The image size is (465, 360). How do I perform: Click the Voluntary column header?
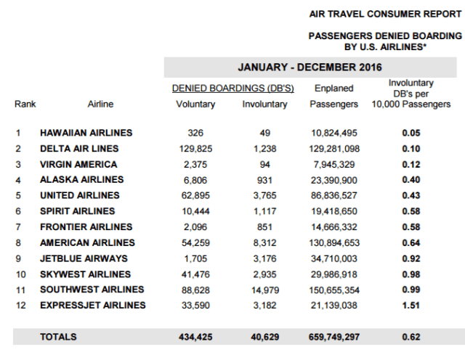pos(195,104)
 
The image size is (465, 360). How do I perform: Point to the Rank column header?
pos(25,104)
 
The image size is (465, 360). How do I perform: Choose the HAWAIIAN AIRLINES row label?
pos(86,133)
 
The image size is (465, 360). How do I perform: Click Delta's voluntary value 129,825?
pos(195,148)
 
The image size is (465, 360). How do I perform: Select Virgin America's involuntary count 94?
pos(263,164)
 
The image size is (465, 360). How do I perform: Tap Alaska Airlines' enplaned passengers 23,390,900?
pos(334,179)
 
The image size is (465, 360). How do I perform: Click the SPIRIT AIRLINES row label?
pos(78,211)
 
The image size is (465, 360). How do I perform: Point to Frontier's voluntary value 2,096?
pos(195,227)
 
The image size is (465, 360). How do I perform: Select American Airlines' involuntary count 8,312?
pos(263,242)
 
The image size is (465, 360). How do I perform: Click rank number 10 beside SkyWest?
pos(21,274)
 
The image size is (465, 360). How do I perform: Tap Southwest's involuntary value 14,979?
pos(263,290)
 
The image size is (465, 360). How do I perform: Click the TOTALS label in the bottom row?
pos(59,337)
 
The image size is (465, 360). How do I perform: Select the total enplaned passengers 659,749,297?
pos(334,337)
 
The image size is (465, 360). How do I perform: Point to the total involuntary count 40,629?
pos(263,337)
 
